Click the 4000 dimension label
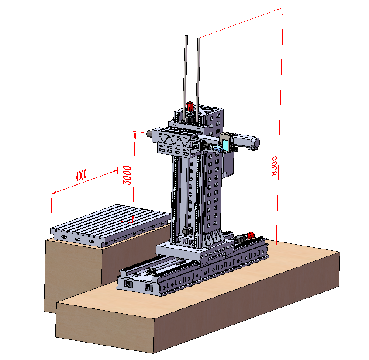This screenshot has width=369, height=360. tap(81, 175)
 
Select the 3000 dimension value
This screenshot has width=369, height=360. tap(128, 175)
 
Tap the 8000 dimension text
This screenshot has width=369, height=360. tap(274, 166)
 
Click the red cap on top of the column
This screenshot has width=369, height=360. tap(190, 107)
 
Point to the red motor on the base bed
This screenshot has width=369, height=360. tap(250, 235)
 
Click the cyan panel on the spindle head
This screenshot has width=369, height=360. tap(225, 145)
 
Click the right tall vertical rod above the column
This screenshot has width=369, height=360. tap(198, 80)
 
